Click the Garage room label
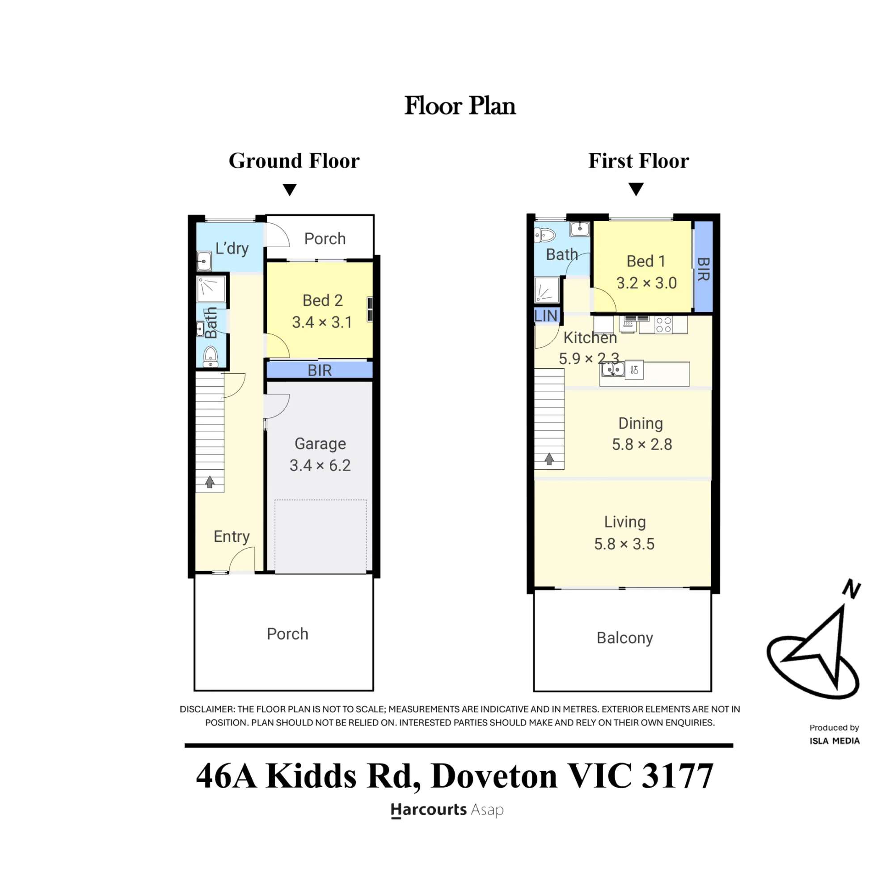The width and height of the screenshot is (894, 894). click(x=320, y=444)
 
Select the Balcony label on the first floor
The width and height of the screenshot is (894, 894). click(x=625, y=638)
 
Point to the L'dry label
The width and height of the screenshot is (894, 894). click(x=232, y=249)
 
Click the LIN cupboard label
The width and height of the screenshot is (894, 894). click(x=546, y=316)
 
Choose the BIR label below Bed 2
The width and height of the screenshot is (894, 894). click(x=320, y=371)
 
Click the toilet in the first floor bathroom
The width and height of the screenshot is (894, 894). click(x=544, y=235)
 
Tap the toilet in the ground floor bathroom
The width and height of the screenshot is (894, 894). click(x=211, y=356)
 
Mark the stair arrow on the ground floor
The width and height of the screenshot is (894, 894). click(x=210, y=482)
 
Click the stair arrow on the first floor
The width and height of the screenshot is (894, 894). click(x=549, y=459)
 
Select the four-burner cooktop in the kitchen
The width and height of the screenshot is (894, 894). click(x=663, y=325)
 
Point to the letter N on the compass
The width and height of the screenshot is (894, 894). click(x=852, y=589)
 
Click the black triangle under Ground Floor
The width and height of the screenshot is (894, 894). click(x=290, y=190)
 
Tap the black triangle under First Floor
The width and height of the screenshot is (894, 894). click(x=636, y=189)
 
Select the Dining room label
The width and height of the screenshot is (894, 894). click(x=641, y=424)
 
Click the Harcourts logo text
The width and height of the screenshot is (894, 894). click(x=429, y=810)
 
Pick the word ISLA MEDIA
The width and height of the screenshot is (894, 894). click(x=835, y=741)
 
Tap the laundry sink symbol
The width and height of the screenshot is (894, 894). click(x=204, y=261)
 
